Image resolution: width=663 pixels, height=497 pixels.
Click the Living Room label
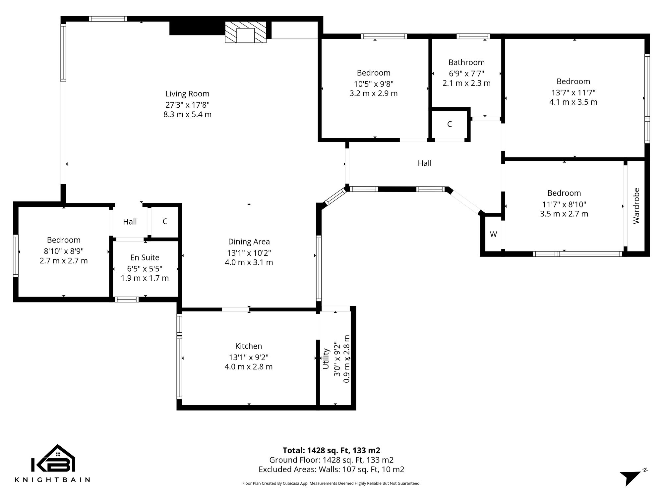click(x=187, y=94)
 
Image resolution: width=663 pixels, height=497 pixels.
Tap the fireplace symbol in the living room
click(x=245, y=32)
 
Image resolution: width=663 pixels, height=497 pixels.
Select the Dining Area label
click(x=249, y=242)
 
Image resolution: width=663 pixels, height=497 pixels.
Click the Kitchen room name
click(x=249, y=346)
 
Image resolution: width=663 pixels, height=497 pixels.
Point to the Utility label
click(x=326, y=359)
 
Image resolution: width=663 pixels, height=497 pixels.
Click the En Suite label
click(x=145, y=257)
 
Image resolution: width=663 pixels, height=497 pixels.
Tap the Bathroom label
click(x=466, y=62)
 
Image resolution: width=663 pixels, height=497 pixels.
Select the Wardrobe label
click(x=636, y=206)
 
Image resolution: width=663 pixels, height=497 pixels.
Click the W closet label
click(x=493, y=234)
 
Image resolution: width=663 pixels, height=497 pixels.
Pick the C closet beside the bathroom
click(x=450, y=124)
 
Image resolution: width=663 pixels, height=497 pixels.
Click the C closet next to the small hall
click(x=165, y=221)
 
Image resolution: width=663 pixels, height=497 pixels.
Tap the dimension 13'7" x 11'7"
click(x=573, y=92)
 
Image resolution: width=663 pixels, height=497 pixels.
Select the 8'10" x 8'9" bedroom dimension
click(x=64, y=251)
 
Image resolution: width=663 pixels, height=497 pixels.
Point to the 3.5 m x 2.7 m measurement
click(x=564, y=214)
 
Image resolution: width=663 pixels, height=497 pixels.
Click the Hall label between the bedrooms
click(x=424, y=163)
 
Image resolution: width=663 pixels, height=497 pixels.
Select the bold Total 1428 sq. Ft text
click(x=331, y=451)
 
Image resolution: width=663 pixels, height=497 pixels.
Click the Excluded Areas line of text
click(x=331, y=469)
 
